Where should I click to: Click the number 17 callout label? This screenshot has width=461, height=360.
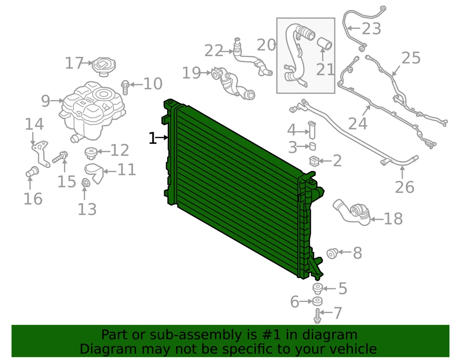[x=74, y=63]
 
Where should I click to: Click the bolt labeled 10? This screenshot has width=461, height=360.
[x=125, y=87]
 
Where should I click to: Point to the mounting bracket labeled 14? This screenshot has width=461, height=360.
[x=41, y=153]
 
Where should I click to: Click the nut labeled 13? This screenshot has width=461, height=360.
[x=85, y=183]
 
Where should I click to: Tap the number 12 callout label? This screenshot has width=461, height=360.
[x=120, y=150]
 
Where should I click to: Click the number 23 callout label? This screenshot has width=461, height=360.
[x=371, y=29]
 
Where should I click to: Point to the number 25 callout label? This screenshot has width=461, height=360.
[x=411, y=58]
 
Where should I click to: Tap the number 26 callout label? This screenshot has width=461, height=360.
[x=404, y=187]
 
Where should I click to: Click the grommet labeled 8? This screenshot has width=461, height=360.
[x=331, y=253]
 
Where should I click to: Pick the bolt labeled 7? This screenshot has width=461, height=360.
[x=317, y=316]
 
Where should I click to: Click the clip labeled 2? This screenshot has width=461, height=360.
[x=315, y=161]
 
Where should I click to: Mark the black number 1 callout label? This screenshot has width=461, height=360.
[x=153, y=138]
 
